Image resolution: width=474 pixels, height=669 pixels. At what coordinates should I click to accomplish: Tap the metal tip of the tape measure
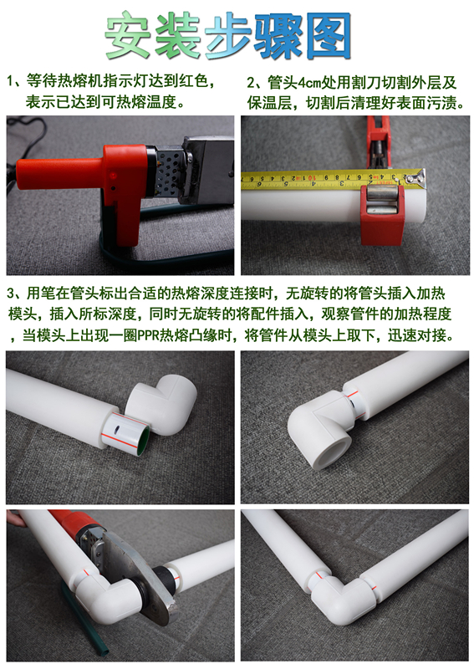click(420, 178)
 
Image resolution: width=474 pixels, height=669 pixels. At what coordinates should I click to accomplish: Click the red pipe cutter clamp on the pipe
click(382, 214)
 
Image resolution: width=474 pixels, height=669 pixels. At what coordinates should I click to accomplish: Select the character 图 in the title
click(329, 36)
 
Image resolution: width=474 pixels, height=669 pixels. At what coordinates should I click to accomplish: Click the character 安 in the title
click(128, 35)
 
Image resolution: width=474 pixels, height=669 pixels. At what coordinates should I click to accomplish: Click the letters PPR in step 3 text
click(148, 335)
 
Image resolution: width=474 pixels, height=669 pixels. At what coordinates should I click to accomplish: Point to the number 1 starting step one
click(10, 81)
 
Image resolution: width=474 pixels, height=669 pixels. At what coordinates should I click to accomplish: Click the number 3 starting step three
click(10, 294)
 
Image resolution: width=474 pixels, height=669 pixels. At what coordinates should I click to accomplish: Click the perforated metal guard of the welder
click(170, 170)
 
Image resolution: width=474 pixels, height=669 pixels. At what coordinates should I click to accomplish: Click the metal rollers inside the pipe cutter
click(381, 202)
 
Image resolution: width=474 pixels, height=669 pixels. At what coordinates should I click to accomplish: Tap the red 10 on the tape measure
click(312, 177)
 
